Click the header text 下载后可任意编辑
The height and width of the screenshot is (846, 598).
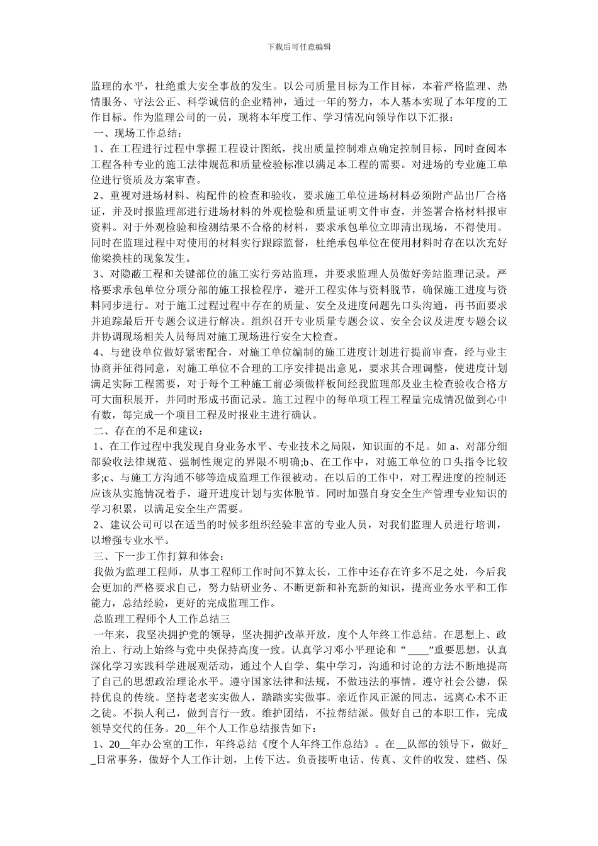click(x=299, y=47)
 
